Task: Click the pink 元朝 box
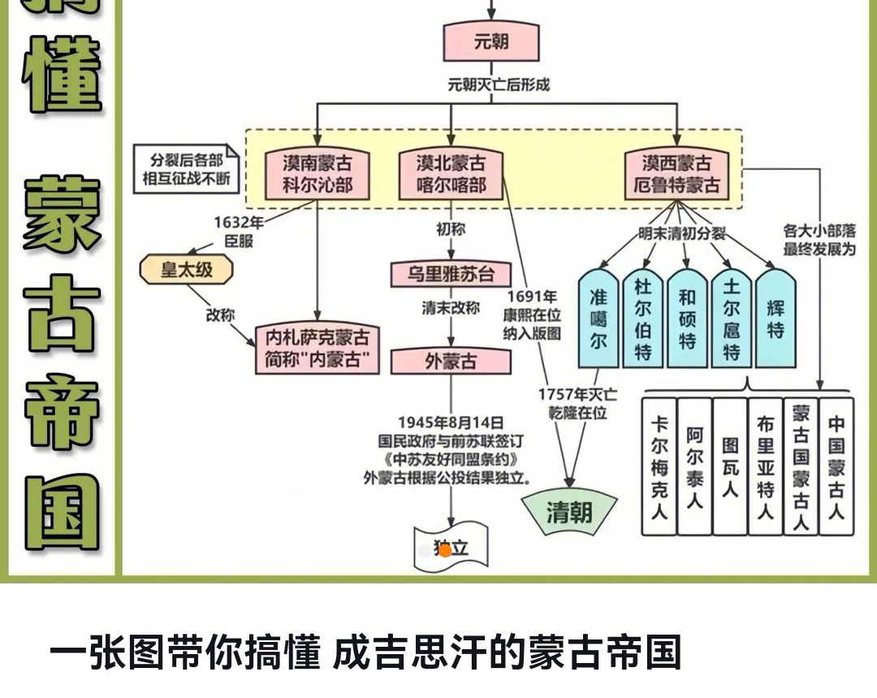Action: pos(491,41)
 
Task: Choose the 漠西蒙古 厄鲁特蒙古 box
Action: pos(676,174)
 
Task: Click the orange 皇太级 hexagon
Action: pos(187,270)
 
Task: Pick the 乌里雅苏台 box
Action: pos(451,274)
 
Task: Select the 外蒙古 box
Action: pos(451,362)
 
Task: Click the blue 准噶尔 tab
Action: pos(598,319)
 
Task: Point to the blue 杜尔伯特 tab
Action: pos(643,319)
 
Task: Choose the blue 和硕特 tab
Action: pos(687,319)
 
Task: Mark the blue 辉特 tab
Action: pos(775,319)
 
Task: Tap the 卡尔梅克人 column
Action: pos(659,467)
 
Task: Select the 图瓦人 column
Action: pos(730,467)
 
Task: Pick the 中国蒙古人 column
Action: pos(836,467)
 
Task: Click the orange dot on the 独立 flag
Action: pos(445,550)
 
